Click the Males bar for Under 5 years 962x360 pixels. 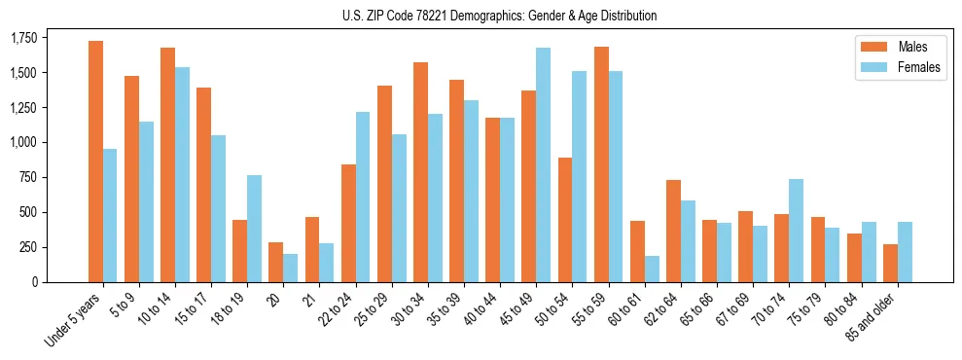click(x=95, y=162)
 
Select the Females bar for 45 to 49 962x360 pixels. click(x=543, y=164)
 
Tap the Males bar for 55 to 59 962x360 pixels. click(x=601, y=164)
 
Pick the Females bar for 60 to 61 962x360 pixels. click(x=651, y=269)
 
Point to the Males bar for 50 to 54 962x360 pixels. click(x=564, y=220)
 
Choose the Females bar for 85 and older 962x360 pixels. click(x=905, y=252)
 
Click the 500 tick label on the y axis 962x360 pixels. click(x=31, y=212)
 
